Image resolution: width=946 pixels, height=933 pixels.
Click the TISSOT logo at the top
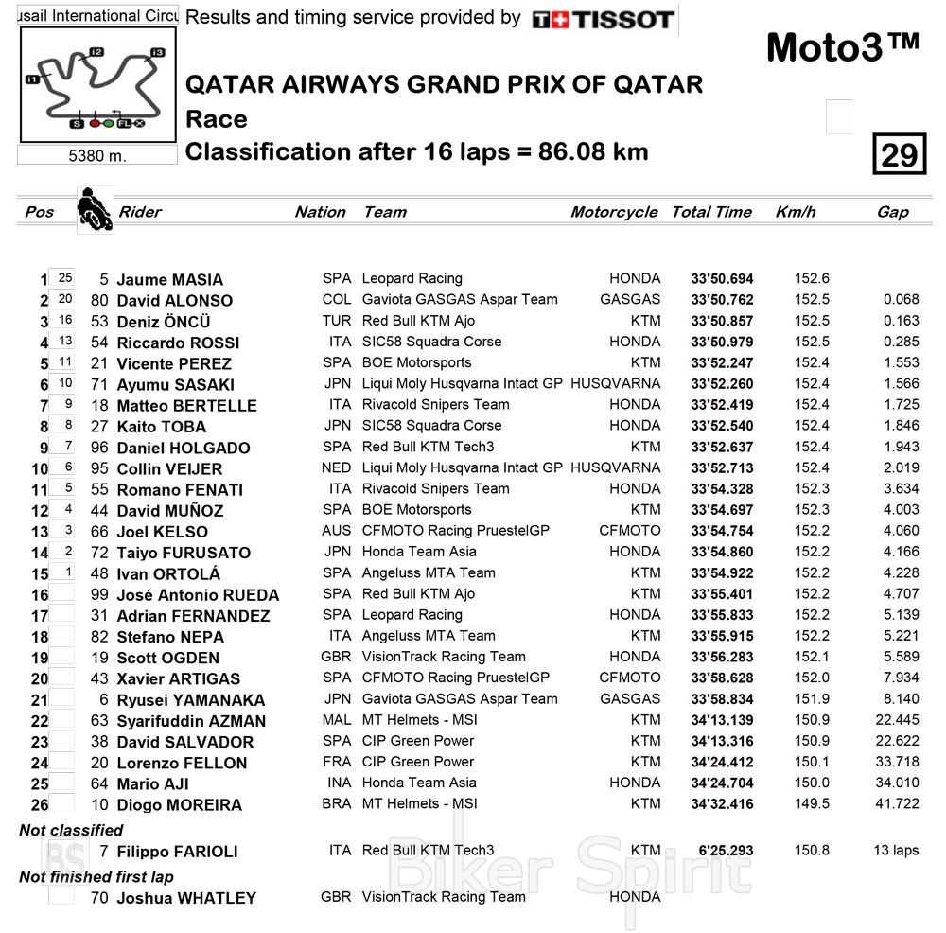pos(603,19)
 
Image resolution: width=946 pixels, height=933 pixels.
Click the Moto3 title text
pos(841,47)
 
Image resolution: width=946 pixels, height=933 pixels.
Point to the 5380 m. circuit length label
pos(97,156)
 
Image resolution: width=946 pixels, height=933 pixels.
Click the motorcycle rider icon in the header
pos(93,209)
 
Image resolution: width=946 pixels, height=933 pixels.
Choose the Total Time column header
pos(711,212)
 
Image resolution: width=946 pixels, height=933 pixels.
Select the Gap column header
pos(892,212)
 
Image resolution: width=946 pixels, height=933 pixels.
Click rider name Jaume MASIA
pos(170,280)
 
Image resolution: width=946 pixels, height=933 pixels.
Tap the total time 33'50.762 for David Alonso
pos(722,300)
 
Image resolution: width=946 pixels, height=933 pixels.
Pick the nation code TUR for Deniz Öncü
pos(337,321)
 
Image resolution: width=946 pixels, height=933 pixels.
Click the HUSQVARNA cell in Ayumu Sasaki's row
pos(616,384)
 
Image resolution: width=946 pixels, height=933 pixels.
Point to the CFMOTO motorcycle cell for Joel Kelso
pos(630,531)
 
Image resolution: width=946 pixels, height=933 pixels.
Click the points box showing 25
pos(64,278)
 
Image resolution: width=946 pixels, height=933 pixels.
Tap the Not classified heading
pos(71,830)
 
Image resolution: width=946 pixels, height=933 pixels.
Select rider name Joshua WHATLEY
pos(186,898)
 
